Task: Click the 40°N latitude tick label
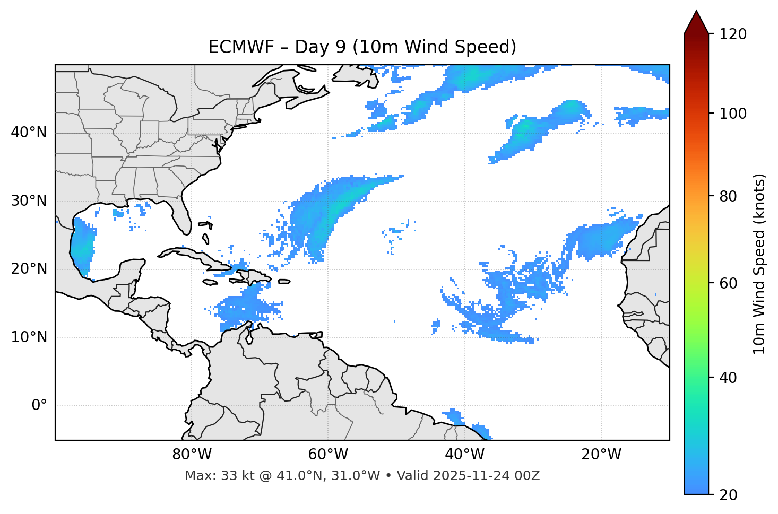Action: click(29, 133)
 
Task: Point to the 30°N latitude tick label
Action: click(29, 201)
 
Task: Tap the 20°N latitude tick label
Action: click(29, 269)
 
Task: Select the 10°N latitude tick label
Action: click(29, 337)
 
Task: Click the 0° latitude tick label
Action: click(39, 406)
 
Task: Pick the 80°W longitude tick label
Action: click(192, 455)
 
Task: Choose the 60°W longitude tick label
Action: click(328, 455)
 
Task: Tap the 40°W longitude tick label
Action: click(464, 455)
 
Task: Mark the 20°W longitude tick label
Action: click(601, 455)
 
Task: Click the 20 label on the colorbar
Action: click(728, 495)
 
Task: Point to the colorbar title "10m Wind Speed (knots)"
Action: click(759, 264)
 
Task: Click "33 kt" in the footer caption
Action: click(236, 476)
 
